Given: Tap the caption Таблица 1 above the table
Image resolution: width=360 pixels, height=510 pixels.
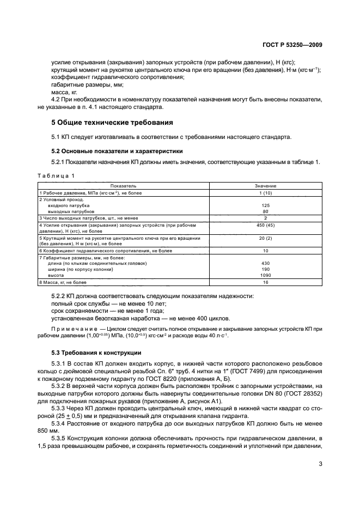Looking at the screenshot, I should (x=57, y=175).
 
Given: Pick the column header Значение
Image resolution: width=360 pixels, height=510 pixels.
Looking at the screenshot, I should (x=265, y=186).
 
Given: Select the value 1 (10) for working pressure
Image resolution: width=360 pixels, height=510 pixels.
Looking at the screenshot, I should (x=265, y=193).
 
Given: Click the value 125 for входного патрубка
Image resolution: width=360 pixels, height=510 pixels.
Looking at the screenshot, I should (x=265, y=205).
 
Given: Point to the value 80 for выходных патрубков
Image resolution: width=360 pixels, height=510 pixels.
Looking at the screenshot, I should (x=265, y=211).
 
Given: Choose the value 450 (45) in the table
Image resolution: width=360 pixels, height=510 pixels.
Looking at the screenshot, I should (x=265, y=224).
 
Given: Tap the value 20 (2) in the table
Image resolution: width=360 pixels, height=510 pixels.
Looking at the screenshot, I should (x=265, y=238).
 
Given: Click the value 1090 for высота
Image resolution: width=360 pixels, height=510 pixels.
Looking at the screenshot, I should (x=265, y=275).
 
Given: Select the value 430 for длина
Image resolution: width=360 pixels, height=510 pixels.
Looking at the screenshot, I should (x=265, y=263).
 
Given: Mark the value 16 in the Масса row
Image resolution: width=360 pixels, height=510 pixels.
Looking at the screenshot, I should (x=265, y=283).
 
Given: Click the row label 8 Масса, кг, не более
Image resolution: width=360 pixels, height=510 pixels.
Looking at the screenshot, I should (x=63, y=283).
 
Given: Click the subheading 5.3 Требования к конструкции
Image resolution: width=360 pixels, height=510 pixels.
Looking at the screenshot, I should (x=96, y=353).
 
